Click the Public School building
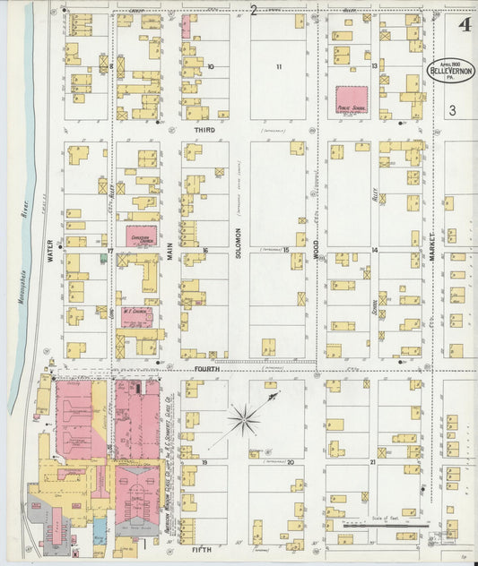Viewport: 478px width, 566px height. [352, 100]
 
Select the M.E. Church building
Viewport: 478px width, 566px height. [135, 316]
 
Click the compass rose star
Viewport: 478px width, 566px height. [243, 419]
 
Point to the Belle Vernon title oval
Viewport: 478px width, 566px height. [450, 71]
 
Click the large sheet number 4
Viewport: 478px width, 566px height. [463, 24]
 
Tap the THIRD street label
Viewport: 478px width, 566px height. [205, 130]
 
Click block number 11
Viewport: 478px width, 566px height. [279, 67]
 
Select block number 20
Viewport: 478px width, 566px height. [290, 462]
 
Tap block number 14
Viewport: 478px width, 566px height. [374, 250]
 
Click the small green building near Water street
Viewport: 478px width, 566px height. [104, 259]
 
